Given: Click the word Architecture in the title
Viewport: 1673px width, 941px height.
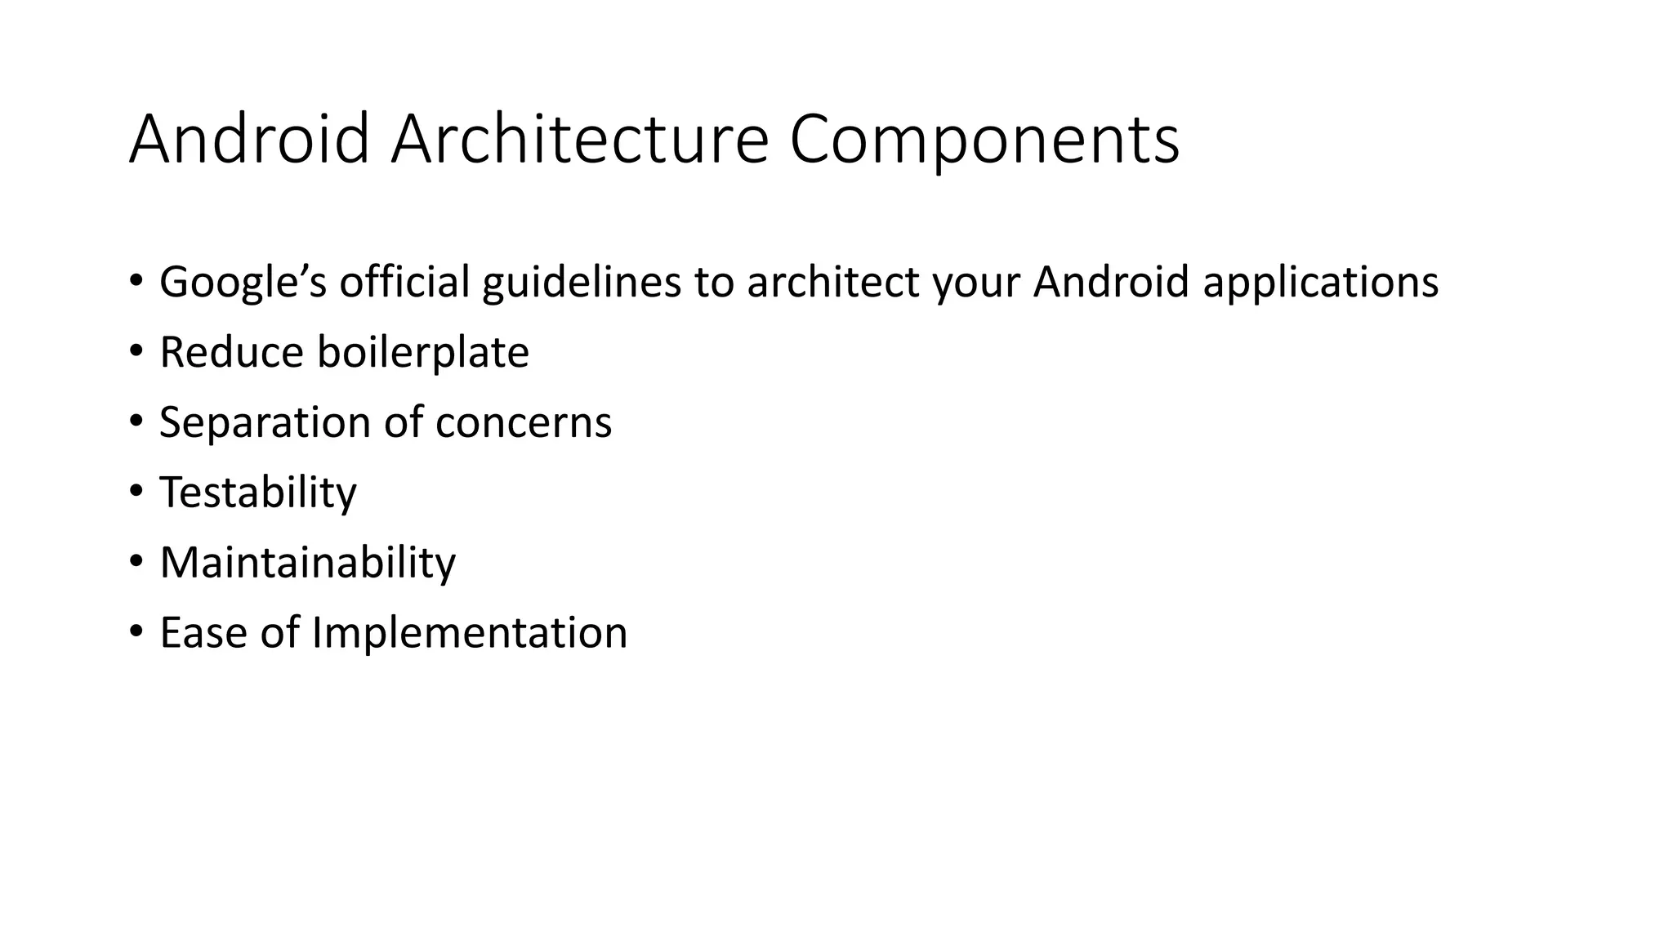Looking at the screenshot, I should tap(579, 140).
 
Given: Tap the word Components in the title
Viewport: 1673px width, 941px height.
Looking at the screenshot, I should tap(984, 141).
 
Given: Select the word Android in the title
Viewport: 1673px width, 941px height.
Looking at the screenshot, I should tap(249, 140).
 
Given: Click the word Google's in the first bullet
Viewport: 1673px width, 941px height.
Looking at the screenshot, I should tap(243, 283).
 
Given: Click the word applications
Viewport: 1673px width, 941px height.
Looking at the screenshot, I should tap(1320, 283).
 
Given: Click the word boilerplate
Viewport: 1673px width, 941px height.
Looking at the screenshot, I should tap(423, 353).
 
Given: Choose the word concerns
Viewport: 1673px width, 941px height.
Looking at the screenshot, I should tap(524, 423).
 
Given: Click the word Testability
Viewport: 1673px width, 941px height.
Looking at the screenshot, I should tap(258, 493).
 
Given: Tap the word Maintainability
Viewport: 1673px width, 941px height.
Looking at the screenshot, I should tap(308, 564).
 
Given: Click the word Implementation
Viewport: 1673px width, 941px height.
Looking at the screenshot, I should tap(470, 634).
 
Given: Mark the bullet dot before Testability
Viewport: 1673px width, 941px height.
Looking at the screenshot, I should tap(136, 491).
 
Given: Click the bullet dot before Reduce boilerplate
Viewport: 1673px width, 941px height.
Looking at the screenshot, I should tap(136, 350).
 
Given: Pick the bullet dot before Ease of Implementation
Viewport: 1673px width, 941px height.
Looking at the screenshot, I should tap(136, 631).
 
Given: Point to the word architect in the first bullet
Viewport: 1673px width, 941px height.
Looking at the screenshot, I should tap(833, 282).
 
